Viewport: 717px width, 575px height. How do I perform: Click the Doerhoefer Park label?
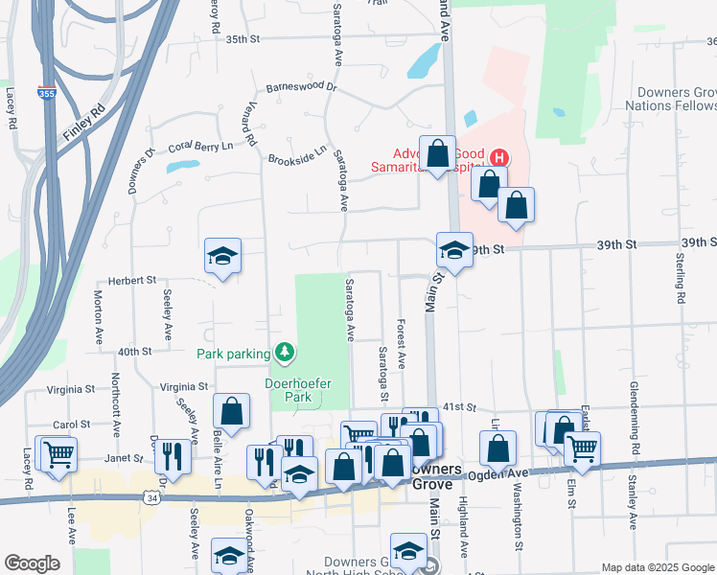click(297, 391)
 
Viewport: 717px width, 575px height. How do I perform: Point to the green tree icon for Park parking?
click(285, 354)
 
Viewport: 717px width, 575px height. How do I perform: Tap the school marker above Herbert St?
click(222, 256)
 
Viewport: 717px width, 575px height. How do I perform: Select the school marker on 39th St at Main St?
click(454, 251)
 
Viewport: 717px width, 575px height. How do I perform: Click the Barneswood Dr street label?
click(302, 86)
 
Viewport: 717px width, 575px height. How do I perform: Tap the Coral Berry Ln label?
click(200, 147)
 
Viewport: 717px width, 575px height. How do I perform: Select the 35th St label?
click(243, 39)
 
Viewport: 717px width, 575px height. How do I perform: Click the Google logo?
click(32, 563)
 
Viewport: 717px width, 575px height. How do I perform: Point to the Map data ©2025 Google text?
click(657, 567)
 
